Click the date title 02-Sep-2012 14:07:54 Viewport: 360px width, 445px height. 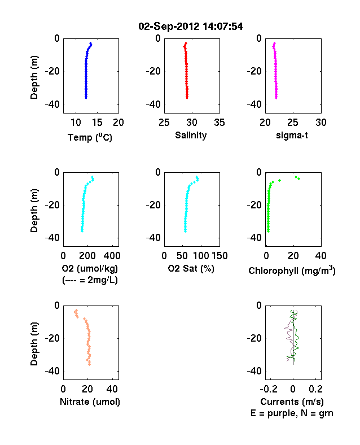[x=191, y=27]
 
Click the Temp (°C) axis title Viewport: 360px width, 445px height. [x=90, y=137]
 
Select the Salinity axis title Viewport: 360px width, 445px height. [x=191, y=135]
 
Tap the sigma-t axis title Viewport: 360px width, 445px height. [x=292, y=136]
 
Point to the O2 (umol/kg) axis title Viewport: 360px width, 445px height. [x=90, y=268]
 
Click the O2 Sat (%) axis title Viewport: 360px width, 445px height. [x=191, y=268]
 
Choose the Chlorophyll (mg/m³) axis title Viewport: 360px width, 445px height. [x=292, y=271]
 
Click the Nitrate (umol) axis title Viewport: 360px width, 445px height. [x=90, y=402]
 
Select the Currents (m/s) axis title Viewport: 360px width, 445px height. [x=292, y=402]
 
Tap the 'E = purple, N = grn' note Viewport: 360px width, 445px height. [x=292, y=413]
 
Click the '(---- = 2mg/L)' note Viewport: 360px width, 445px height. [x=90, y=280]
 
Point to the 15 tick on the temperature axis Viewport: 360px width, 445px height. [x=97, y=123]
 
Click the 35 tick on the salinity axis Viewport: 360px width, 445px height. [x=219, y=123]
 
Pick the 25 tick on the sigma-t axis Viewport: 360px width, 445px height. [x=292, y=123]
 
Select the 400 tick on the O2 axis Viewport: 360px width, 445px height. [x=112, y=256]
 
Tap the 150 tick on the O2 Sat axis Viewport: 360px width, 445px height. [x=219, y=256]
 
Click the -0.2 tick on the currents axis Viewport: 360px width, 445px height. [x=269, y=389]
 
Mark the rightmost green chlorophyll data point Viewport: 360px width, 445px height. [x=298, y=179]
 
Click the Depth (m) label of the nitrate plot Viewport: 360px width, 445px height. [x=34, y=344]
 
